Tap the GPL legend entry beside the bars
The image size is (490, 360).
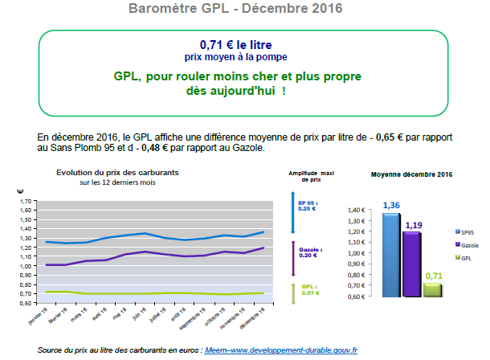pyautogui.click(x=465, y=257)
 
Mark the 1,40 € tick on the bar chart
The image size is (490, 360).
pyautogui.click(x=357, y=211)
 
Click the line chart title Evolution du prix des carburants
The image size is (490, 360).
pyautogui.click(x=117, y=174)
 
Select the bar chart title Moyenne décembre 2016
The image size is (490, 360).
pyautogui.click(x=411, y=174)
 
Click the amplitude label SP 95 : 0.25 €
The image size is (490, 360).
pyautogui.click(x=308, y=206)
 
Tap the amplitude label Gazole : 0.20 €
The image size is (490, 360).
pyautogui.click(x=308, y=252)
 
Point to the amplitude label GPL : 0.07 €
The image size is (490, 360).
pyautogui.click(x=308, y=289)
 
